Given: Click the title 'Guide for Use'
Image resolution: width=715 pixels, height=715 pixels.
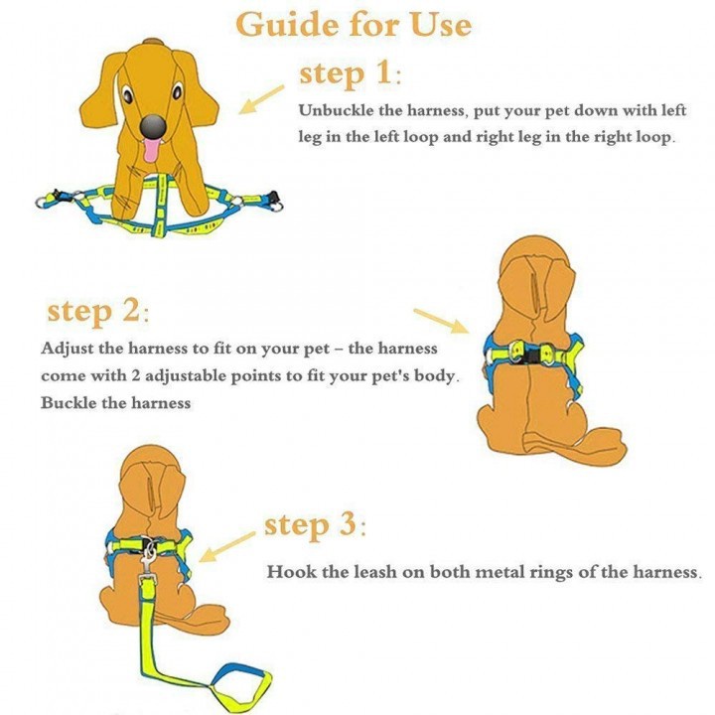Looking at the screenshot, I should tap(354, 25).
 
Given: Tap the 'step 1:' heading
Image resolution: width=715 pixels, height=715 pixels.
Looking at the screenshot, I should tap(349, 73).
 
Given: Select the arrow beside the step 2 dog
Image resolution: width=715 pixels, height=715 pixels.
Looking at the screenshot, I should tap(443, 321).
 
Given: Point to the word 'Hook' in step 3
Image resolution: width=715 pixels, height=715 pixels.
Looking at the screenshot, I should tap(287, 573).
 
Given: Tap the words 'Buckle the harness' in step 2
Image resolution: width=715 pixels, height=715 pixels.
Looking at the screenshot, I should tap(115, 403).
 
